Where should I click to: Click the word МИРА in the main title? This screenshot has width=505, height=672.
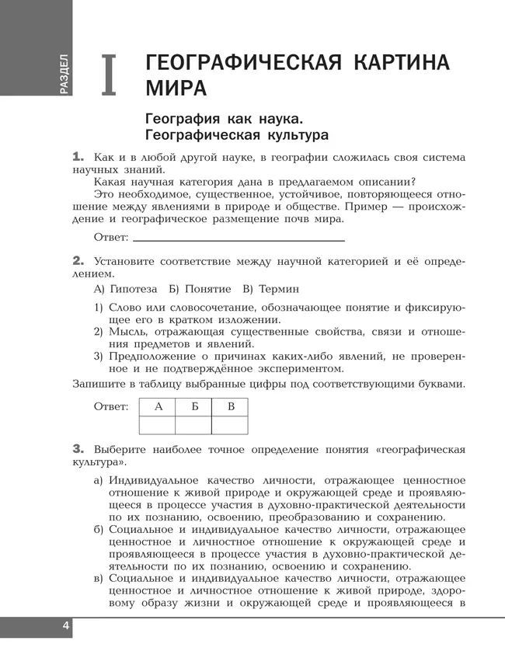coord(176,87)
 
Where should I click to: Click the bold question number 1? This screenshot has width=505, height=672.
coord(78,156)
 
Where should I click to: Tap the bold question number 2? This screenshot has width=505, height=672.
coord(78,260)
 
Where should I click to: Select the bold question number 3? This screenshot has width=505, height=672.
coord(78,448)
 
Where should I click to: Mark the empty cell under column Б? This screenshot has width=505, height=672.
coord(193,425)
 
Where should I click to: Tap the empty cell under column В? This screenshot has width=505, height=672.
coord(230,425)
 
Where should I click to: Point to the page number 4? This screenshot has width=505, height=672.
coord(65,627)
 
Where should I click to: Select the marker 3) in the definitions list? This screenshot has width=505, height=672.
coord(99,356)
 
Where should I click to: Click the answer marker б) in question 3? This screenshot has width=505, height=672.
coord(99,529)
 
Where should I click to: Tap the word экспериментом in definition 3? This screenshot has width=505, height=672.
coord(286,369)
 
